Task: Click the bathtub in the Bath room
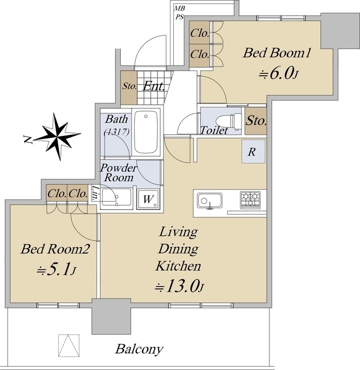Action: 146,132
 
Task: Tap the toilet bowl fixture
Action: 229,121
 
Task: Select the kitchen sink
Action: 210,201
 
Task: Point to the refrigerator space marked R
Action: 253,151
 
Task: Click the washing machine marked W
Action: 148,199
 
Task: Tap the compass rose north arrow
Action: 57,136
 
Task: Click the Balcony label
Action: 139,349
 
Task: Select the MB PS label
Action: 180,13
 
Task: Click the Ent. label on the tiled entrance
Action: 154,86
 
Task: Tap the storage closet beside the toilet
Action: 256,121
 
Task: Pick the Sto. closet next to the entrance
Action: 129,87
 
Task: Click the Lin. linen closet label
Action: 95,193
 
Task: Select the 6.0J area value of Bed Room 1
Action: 278,73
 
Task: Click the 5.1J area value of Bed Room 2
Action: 56,269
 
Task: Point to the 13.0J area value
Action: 179,287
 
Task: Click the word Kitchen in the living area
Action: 179,266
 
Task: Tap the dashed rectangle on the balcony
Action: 69,346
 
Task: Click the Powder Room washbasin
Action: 116,197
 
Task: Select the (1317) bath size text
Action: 117,132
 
